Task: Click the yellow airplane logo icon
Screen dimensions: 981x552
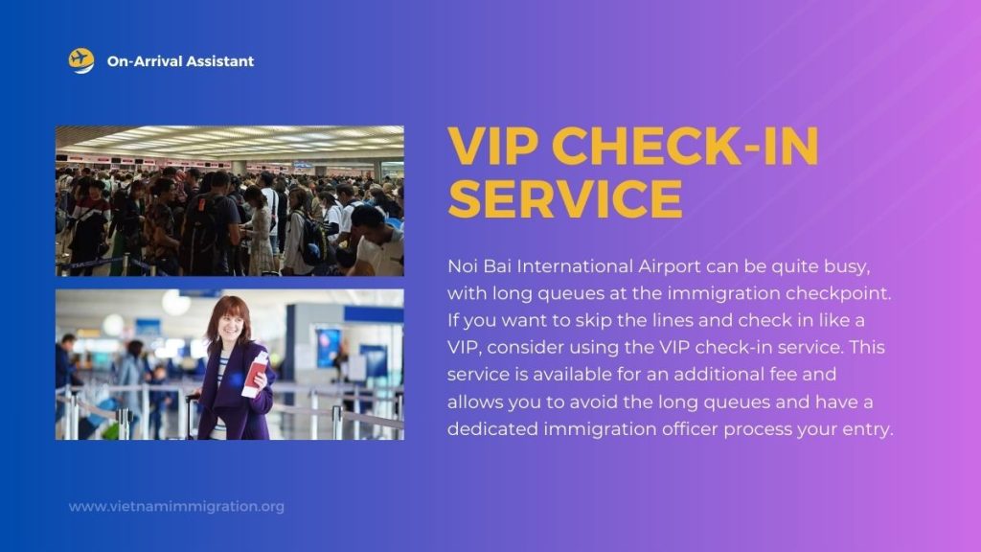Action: pos(81,60)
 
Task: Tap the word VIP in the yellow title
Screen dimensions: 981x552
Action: pos(493,146)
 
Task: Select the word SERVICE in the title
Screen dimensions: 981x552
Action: pos(565,198)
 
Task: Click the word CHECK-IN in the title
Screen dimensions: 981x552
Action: pos(685,146)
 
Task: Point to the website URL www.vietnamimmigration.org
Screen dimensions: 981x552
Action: pos(176,506)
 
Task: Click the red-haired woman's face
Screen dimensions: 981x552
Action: pos(230,325)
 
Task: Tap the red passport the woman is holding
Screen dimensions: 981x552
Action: pos(254,375)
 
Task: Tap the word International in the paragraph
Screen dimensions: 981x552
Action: pos(575,266)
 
